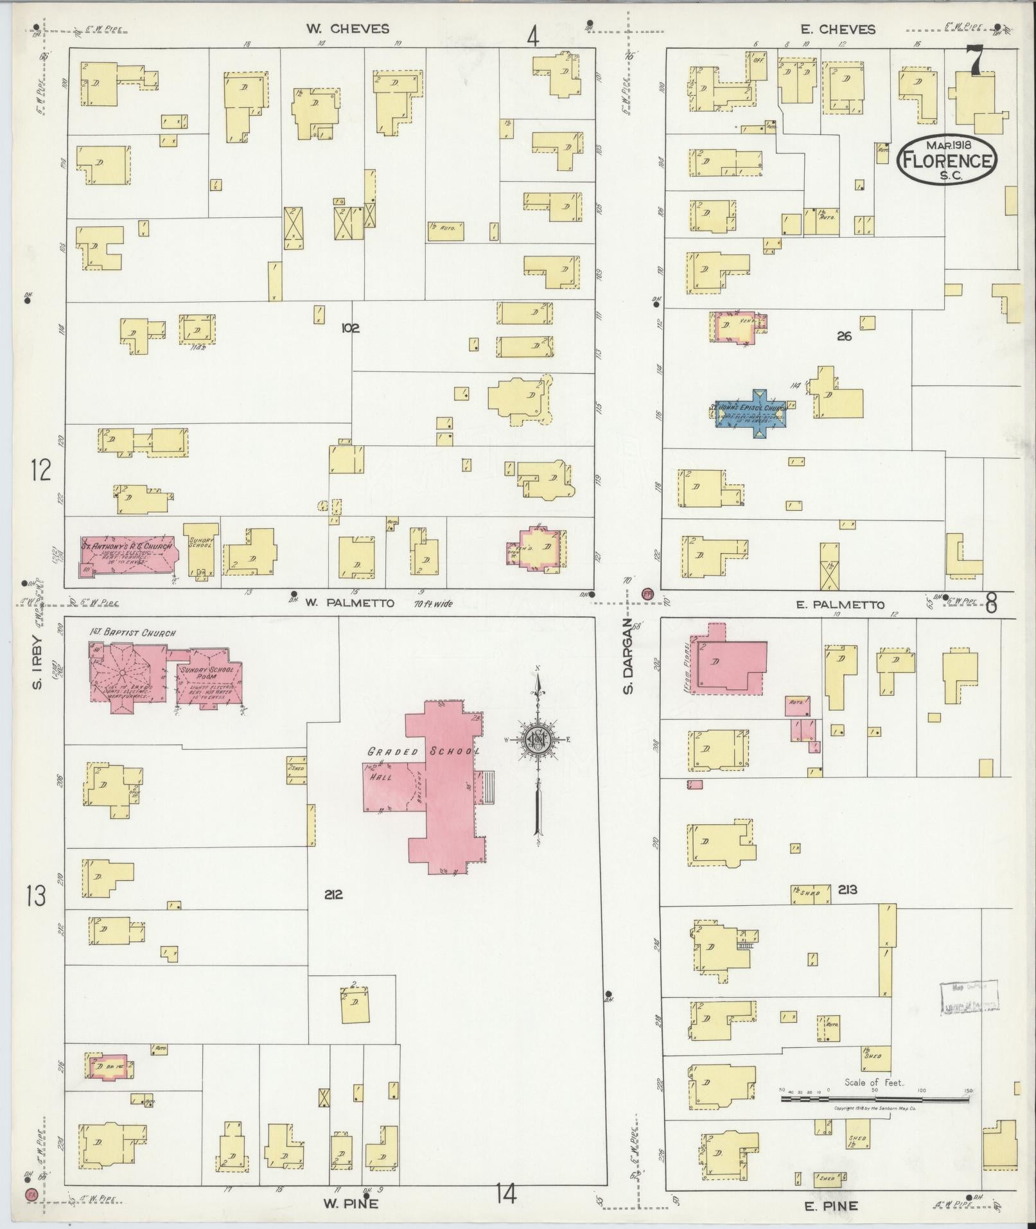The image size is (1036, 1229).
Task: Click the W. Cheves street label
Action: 347,29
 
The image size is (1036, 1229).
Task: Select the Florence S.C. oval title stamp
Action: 947,161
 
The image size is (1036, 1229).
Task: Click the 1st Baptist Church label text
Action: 132,633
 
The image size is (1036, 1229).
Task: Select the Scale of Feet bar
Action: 875,1099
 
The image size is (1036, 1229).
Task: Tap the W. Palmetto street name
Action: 349,603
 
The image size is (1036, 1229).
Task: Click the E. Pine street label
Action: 830,1206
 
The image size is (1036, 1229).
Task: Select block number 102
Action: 350,328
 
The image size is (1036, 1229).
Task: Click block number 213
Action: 847,890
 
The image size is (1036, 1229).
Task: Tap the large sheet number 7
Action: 975,62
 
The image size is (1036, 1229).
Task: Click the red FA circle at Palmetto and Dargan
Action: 647,594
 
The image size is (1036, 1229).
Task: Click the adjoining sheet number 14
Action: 505,1194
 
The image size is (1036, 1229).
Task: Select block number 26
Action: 844,336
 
